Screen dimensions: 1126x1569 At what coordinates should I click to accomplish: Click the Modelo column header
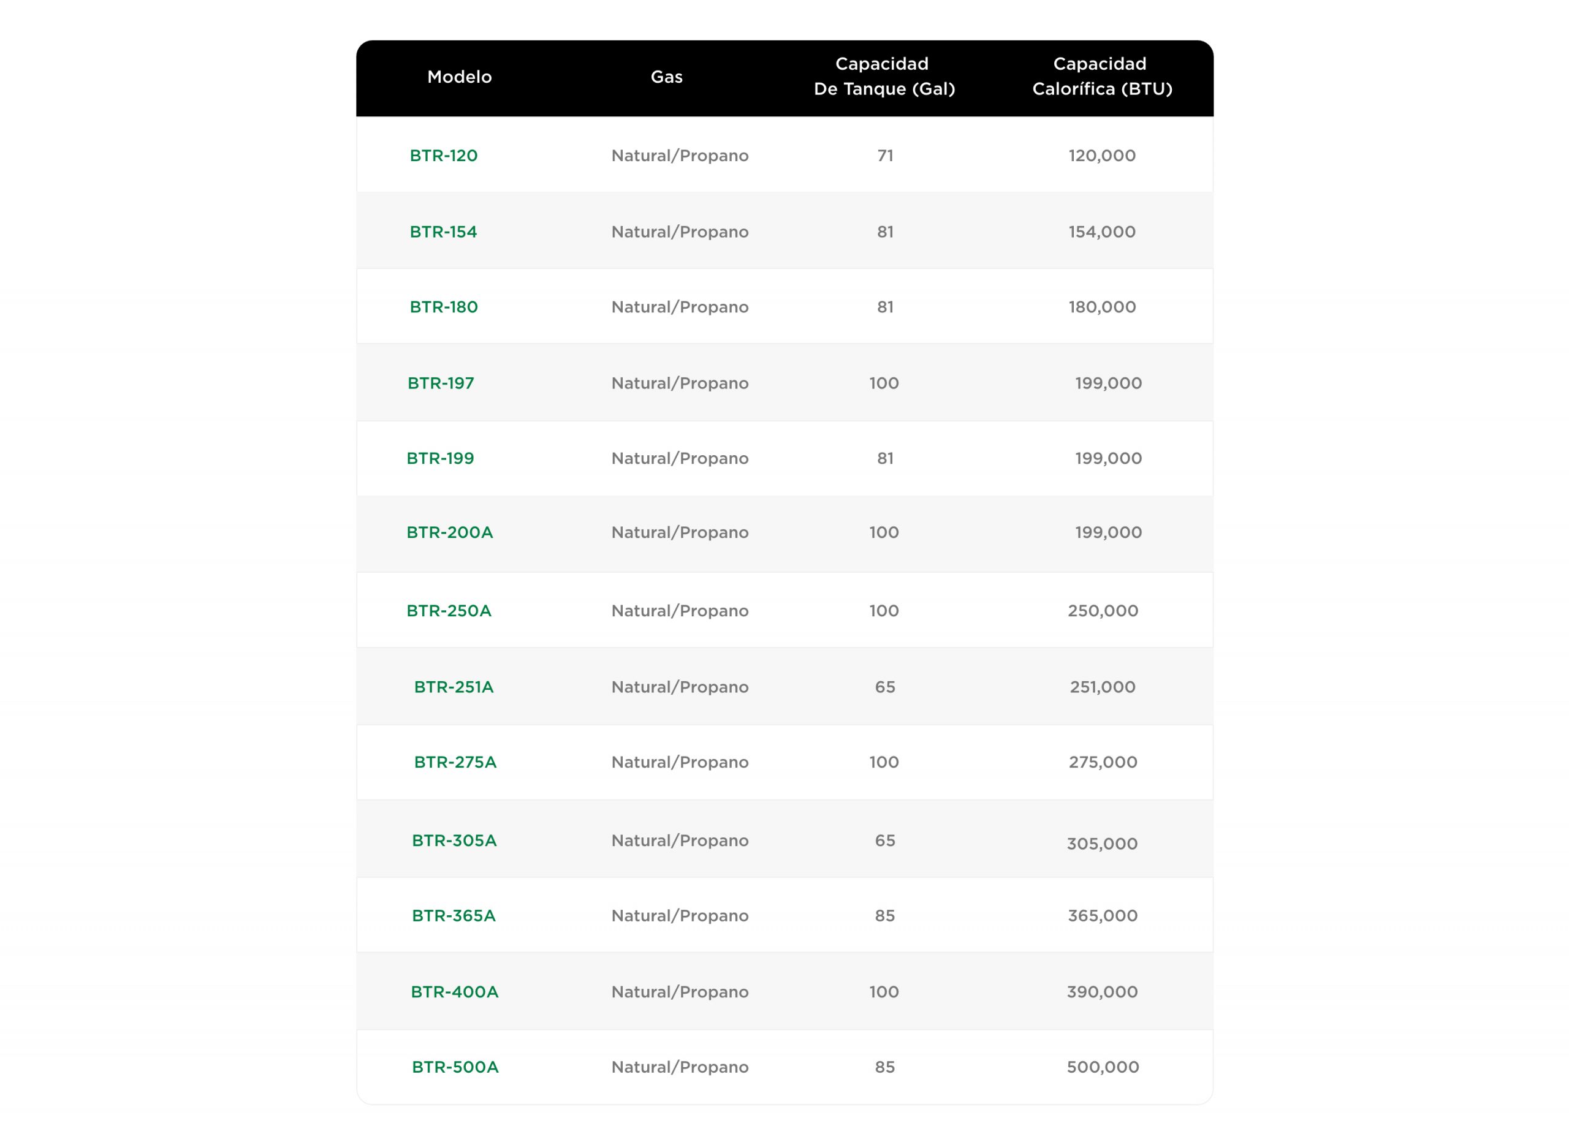point(459,77)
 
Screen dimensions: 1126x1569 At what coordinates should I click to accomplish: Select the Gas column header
point(666,77)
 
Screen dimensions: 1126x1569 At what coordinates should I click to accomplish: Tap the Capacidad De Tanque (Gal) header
point(883,76)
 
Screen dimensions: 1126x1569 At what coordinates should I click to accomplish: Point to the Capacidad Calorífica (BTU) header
point(1101,76)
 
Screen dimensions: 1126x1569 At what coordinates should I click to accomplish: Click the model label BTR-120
point(444,156)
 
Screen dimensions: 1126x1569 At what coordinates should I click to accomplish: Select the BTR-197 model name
point(441,383)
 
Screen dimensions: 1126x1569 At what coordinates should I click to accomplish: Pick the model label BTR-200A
point(450,532)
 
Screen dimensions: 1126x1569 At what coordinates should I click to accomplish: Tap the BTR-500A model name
point(455,1067)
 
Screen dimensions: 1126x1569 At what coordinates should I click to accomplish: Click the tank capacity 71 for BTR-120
point(885,156)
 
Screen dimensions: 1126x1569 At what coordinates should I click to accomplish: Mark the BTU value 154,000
point(1101,232)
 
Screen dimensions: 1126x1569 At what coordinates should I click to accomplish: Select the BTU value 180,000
point(1102,307)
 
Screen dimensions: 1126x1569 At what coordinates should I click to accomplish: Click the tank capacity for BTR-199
point(885,459)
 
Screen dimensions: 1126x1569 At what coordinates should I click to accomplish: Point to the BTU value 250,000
point(1102,611)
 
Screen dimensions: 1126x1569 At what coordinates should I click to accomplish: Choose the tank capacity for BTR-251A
point(885,687)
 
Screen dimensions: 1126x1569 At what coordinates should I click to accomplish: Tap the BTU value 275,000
point(1102,762)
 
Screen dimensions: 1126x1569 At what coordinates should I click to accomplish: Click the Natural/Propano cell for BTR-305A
point(679,841)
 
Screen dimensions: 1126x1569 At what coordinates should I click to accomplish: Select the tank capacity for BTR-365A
point(885,916)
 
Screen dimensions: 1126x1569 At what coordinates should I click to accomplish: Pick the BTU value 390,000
point(1101,992)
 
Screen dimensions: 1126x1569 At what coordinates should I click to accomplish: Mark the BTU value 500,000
point(1102,1067)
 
